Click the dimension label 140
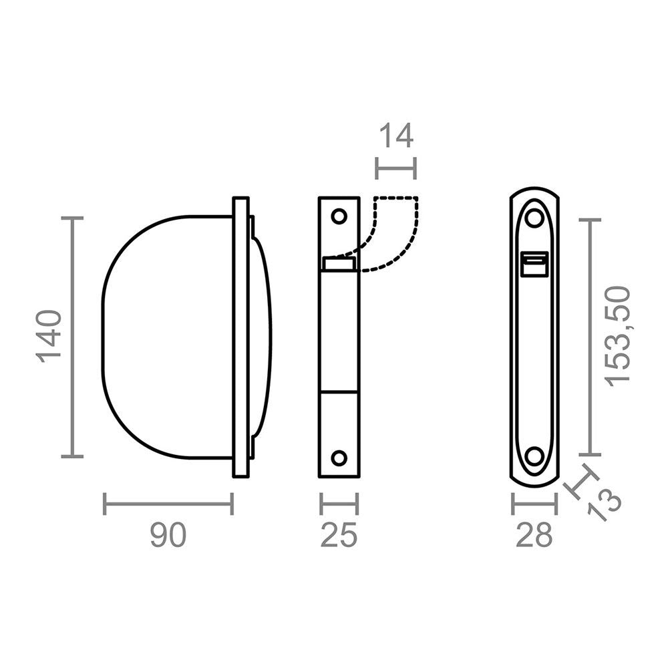click(x=51, y=336)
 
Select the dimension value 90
click(x=168, y=535)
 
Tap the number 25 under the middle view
click(x=339, y=535)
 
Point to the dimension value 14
click(x=396, y=136)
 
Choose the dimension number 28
click(x=534, y=535)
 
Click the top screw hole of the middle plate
click(x=339, y=216)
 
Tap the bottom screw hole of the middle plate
click(x=339, y=458)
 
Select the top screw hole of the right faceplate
click(x=534, y=218)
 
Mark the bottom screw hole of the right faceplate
click(x=534, y=456)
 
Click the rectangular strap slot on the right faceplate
click(x=534, y=264)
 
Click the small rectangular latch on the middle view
click(x=339, y=263)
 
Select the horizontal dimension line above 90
click(x=168, y=504)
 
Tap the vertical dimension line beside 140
click(x=73, y=337)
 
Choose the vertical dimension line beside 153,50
click(x=590, y=336)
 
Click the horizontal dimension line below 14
click(x=396, y=168)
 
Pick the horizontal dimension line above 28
click(x=534, y=504)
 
